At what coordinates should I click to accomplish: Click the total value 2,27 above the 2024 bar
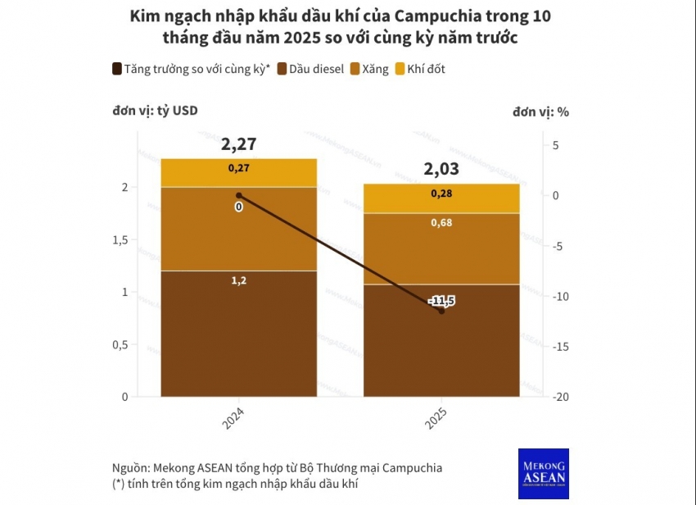tap(238, 144)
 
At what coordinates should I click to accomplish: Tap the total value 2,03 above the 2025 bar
tap(441, 170)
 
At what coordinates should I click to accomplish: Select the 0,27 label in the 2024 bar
tap(238, 168)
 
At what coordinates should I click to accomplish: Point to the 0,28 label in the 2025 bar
tap(441, 193)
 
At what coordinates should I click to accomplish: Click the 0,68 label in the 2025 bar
tap(441, 223)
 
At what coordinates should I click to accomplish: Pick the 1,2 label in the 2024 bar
tap(238, 280)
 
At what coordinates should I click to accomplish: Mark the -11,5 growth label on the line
tap(441, 301)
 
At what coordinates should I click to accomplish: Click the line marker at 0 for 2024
tap(238, 195)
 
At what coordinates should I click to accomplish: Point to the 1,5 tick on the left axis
tap(120, 239)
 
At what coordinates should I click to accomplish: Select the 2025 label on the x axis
tap(436, 417)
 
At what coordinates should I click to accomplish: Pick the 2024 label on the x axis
tap(233, 417)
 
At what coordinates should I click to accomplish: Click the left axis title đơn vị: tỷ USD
tap(155, 111)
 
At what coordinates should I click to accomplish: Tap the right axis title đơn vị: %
tap(540, 111)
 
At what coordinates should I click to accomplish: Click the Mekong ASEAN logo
tap(543, 473)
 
